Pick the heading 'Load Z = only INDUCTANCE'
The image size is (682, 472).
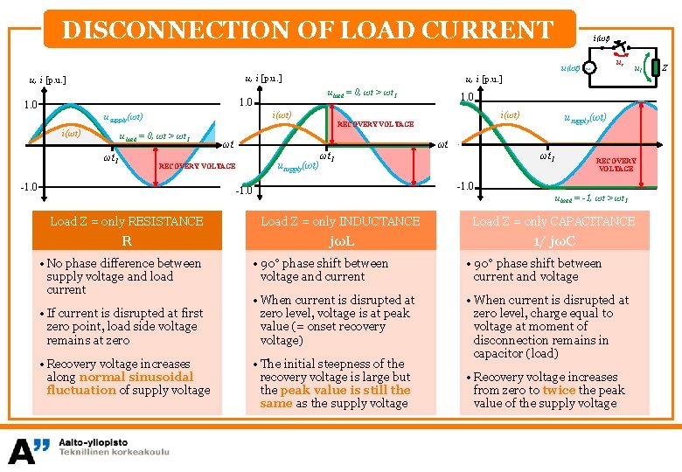click(340, 221)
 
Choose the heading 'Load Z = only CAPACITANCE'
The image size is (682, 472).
click(553, 221)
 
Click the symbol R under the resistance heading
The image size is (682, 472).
click(127, 240)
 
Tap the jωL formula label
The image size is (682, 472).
click(339, 240)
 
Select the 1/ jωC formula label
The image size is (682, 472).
click(553, 240)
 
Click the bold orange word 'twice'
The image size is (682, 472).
click(559, 390)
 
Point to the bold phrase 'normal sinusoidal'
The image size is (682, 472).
click(136, 377)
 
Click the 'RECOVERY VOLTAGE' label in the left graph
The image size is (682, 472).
click(197, 165)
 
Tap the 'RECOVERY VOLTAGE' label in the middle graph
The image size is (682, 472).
click(376, 124)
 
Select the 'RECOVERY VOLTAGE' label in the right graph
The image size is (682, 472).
click(616, 164)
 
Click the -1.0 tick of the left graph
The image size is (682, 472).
click(29, 186)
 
